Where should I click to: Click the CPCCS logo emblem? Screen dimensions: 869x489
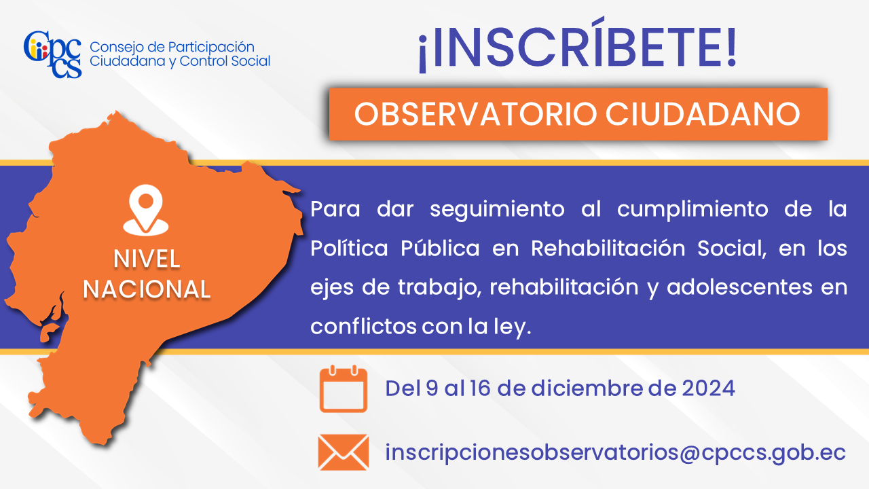click(x=53, y=54)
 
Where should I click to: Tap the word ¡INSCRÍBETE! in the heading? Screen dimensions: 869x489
click(x=577, y=46)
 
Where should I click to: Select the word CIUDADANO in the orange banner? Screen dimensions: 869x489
click(x=703, y=114)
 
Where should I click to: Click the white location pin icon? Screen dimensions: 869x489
click(x=146, y=210)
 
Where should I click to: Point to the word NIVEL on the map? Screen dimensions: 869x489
click(x=147, y=259)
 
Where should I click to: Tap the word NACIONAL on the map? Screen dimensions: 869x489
click(x=147, y=289)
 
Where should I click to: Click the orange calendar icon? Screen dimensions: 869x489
click(x=344, y=389)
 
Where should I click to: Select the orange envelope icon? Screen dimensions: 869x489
click(x=344, y=452)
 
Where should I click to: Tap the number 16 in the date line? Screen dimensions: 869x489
click(x=479, y=388)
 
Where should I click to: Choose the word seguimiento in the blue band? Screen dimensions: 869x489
click(x=497, y=210)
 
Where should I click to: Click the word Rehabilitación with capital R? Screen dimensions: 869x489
click(x=608, y=249)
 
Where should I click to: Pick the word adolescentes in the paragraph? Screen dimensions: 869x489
click(x=739, y=287)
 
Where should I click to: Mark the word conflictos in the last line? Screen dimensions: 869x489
click(x=363, y=327)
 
